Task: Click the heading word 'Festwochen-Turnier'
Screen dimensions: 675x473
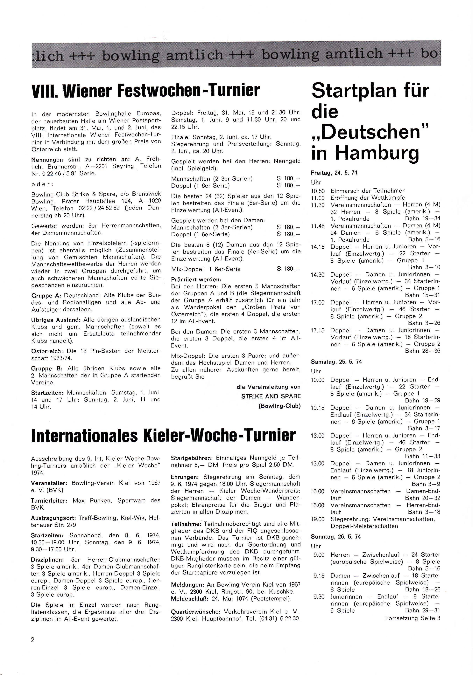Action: point(188,90)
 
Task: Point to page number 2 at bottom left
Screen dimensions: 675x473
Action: point(33,639)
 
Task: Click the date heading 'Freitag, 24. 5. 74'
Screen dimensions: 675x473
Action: point(334,173)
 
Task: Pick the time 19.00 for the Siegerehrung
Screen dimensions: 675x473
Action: point(318,519)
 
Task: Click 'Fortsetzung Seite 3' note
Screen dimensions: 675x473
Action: point(412,618)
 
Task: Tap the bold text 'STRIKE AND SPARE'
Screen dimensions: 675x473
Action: point(271,396)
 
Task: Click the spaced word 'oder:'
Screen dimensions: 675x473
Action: point(42,184)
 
